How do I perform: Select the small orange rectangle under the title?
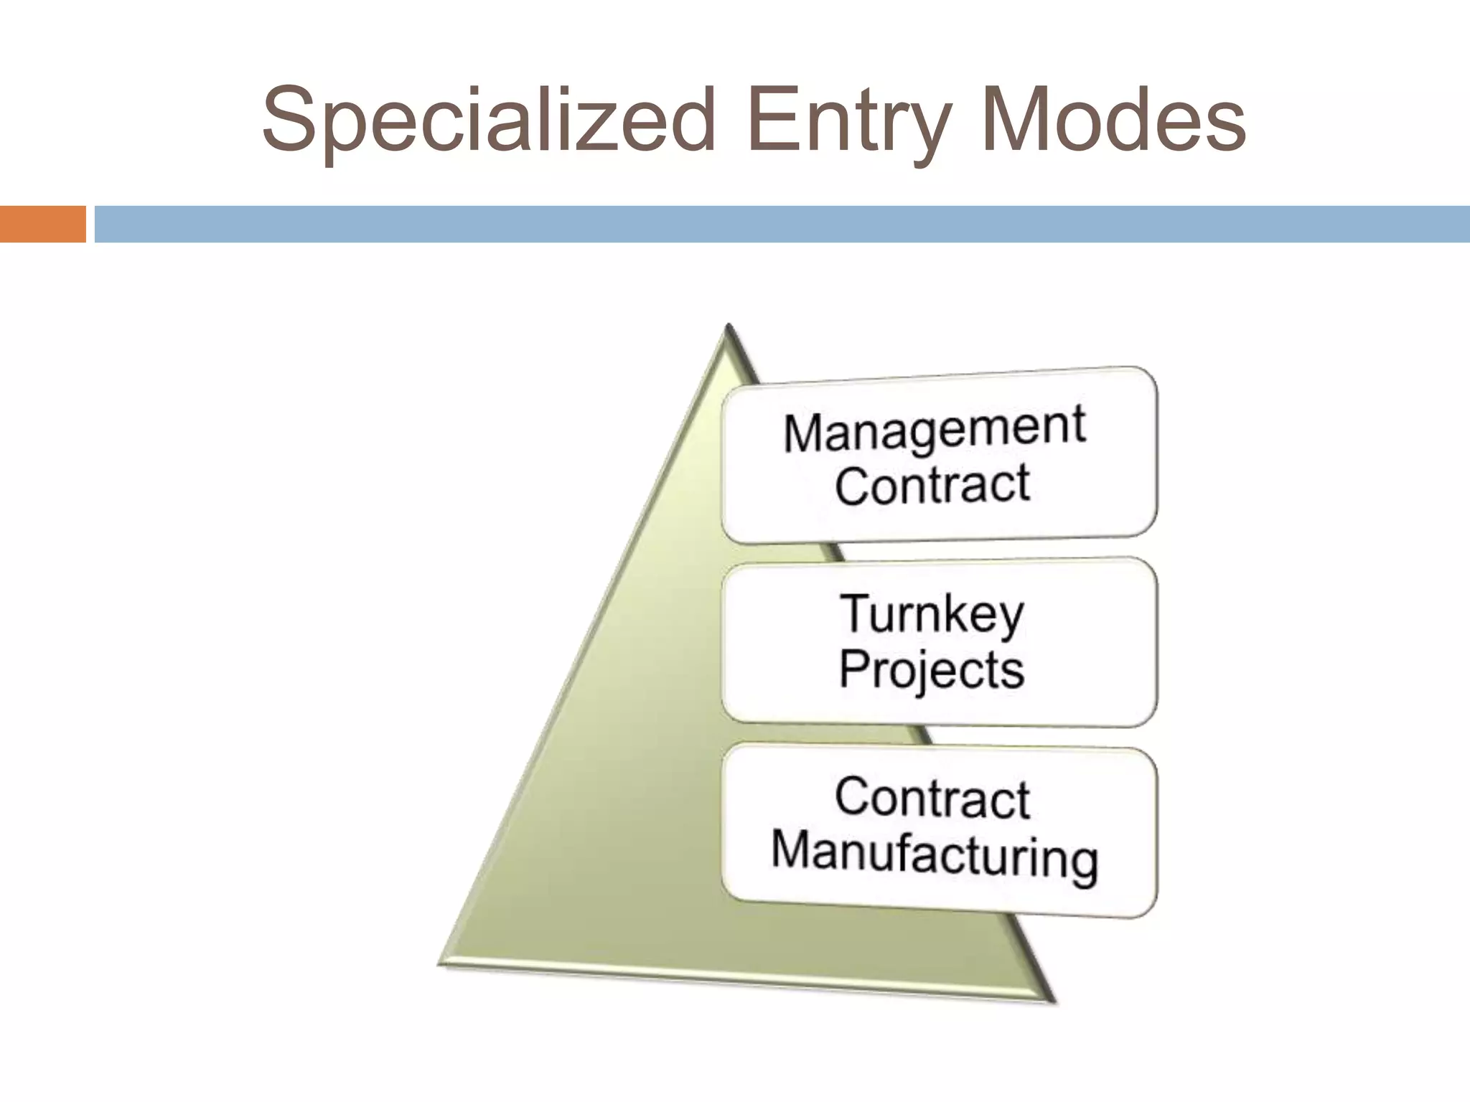tap(42, 224)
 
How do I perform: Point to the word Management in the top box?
tap(934, 430)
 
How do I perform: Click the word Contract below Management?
tap(932, 485)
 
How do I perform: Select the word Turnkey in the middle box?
tap(932, 614)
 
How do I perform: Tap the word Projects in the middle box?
tap(931, 670)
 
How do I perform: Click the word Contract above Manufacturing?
tap(932, 798)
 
